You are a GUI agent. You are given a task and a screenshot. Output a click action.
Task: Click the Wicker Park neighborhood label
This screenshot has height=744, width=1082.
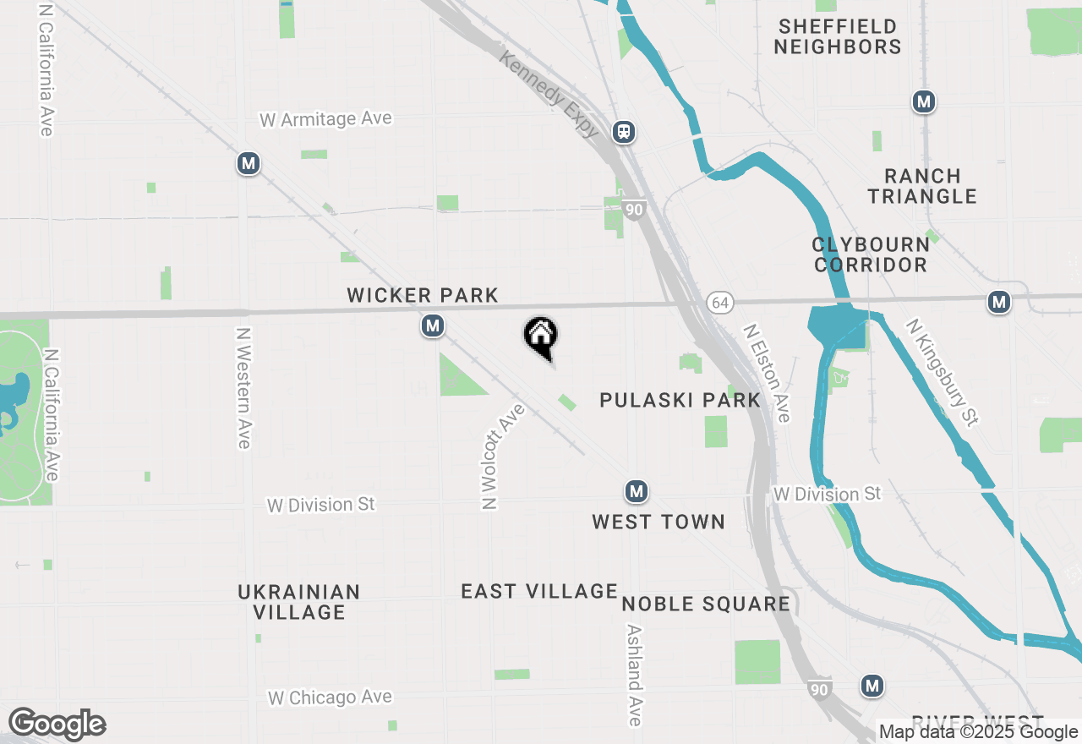click(x=423, y=295)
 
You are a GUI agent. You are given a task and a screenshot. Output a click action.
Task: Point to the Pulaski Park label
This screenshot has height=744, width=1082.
click(x=680, y=400)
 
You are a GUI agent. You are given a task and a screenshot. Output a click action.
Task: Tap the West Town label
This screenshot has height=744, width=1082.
click(x=658, y=522)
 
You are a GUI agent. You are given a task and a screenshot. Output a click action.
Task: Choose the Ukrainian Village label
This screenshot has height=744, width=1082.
click(x=299, y=602)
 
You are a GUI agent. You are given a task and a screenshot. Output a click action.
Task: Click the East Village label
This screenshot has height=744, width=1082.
click(x=539, y=591)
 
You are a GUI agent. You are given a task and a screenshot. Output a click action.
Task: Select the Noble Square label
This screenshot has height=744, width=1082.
click(x=706, y=604)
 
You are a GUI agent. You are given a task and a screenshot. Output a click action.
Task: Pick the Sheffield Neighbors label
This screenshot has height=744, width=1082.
click(x=838, y=36)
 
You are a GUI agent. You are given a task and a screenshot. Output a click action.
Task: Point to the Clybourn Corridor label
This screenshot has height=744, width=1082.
click(x=871, y=254)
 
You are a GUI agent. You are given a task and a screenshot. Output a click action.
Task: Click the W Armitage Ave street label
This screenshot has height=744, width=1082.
click(x=325, y=118)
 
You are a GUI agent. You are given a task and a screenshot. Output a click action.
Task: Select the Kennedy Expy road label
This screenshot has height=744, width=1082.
click(x=549, y=94)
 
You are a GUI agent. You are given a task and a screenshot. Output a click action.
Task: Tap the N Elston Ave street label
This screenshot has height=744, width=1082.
click(x=767, y=373)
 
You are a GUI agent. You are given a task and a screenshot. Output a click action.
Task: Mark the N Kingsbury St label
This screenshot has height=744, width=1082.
click(x=942, y=372)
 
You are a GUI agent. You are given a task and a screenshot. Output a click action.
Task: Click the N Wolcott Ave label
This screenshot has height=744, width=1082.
click(x=502, y=456)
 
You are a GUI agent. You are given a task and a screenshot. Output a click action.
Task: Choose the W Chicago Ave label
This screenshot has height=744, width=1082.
click(x=331, y=697)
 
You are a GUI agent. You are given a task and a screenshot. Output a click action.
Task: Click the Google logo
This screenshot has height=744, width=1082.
click(x=57, y=724)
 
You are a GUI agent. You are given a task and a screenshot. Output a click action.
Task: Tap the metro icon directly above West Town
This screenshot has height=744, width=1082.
click(x=637, y=491)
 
